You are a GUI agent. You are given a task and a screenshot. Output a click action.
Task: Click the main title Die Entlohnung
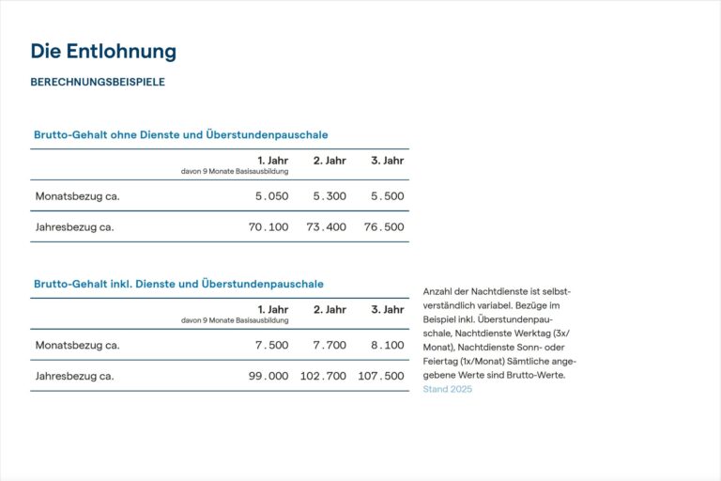[x=103, y=51]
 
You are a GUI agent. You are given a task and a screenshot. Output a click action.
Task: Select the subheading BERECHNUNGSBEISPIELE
[x=98, y=82]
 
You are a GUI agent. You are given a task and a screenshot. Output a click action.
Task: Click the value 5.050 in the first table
[x=271, y=196]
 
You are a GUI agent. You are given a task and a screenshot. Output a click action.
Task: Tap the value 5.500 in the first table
[x=387, y=196]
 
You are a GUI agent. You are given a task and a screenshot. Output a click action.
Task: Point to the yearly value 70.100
[x=268, y=226]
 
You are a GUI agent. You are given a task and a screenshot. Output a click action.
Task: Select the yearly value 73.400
[x=326, y=226]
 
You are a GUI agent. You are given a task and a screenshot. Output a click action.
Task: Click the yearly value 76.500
[x=384, y=226]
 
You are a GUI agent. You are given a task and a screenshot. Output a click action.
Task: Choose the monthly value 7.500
[x=271, y=345]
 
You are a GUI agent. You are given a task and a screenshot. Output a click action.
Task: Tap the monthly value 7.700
[x=330, y=345]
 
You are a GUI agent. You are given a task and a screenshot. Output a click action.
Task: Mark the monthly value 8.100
[x=387, y=345]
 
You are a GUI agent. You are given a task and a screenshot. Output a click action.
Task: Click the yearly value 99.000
[x=268, y=376]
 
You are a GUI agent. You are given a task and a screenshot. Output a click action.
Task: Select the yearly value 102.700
[x=323, y=376]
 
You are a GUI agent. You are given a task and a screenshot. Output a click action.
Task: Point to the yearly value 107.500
[x=381, y=376]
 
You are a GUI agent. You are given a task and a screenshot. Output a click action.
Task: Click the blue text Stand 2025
[x=448, y=389]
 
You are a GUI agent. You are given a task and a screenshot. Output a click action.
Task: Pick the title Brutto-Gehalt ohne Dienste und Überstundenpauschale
[x=180, y=135]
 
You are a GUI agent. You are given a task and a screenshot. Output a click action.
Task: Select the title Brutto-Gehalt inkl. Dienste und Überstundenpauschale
[x=178, y=284]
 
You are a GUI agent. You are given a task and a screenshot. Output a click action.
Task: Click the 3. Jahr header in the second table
[x=387, y=309]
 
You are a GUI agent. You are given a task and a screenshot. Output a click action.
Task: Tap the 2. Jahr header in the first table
[x=330, y=161]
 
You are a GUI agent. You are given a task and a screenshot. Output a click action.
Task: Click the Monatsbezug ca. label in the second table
[x=78, y=345]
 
